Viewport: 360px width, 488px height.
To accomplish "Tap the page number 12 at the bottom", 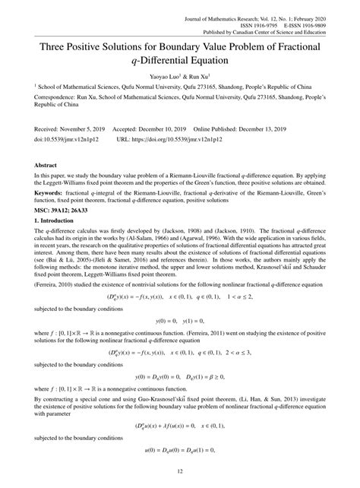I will coord(180,472).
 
